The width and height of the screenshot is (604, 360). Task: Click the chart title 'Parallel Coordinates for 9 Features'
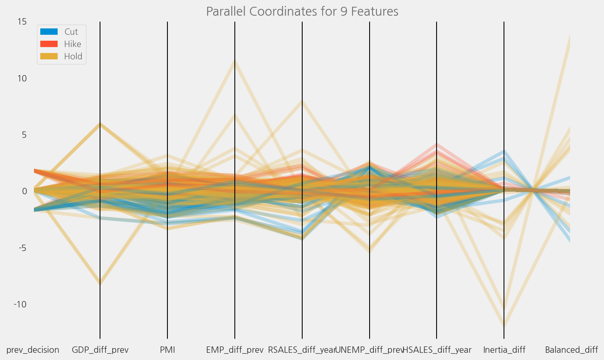(302, 11)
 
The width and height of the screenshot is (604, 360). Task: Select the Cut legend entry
(71, 32)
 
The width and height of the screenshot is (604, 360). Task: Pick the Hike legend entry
(72, 44)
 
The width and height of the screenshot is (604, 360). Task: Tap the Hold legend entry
(73, 56)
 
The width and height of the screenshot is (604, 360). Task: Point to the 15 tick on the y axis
(22, 22)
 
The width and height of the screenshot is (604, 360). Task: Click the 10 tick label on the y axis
(22, 78)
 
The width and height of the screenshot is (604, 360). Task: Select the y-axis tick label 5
(24, 135)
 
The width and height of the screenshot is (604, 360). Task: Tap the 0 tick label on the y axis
(24, 191)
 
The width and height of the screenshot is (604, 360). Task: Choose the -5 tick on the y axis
(22, 248)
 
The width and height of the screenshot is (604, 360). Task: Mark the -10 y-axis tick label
(19, 304)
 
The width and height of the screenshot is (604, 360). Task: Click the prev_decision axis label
(33, 350)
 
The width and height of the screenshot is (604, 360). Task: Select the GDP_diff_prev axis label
(100, 350)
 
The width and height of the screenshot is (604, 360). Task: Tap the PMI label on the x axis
(167, 350)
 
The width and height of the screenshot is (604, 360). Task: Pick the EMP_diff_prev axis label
(234, 350)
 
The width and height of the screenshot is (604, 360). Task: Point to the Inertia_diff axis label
(504, 350)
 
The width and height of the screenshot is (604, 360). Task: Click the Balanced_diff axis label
(571, 350)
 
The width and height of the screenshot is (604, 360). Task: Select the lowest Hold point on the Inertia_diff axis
(504, 326)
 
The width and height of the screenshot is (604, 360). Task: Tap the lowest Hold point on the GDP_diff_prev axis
(100, 284)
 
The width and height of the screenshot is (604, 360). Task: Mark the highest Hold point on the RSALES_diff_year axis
(302, 101)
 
